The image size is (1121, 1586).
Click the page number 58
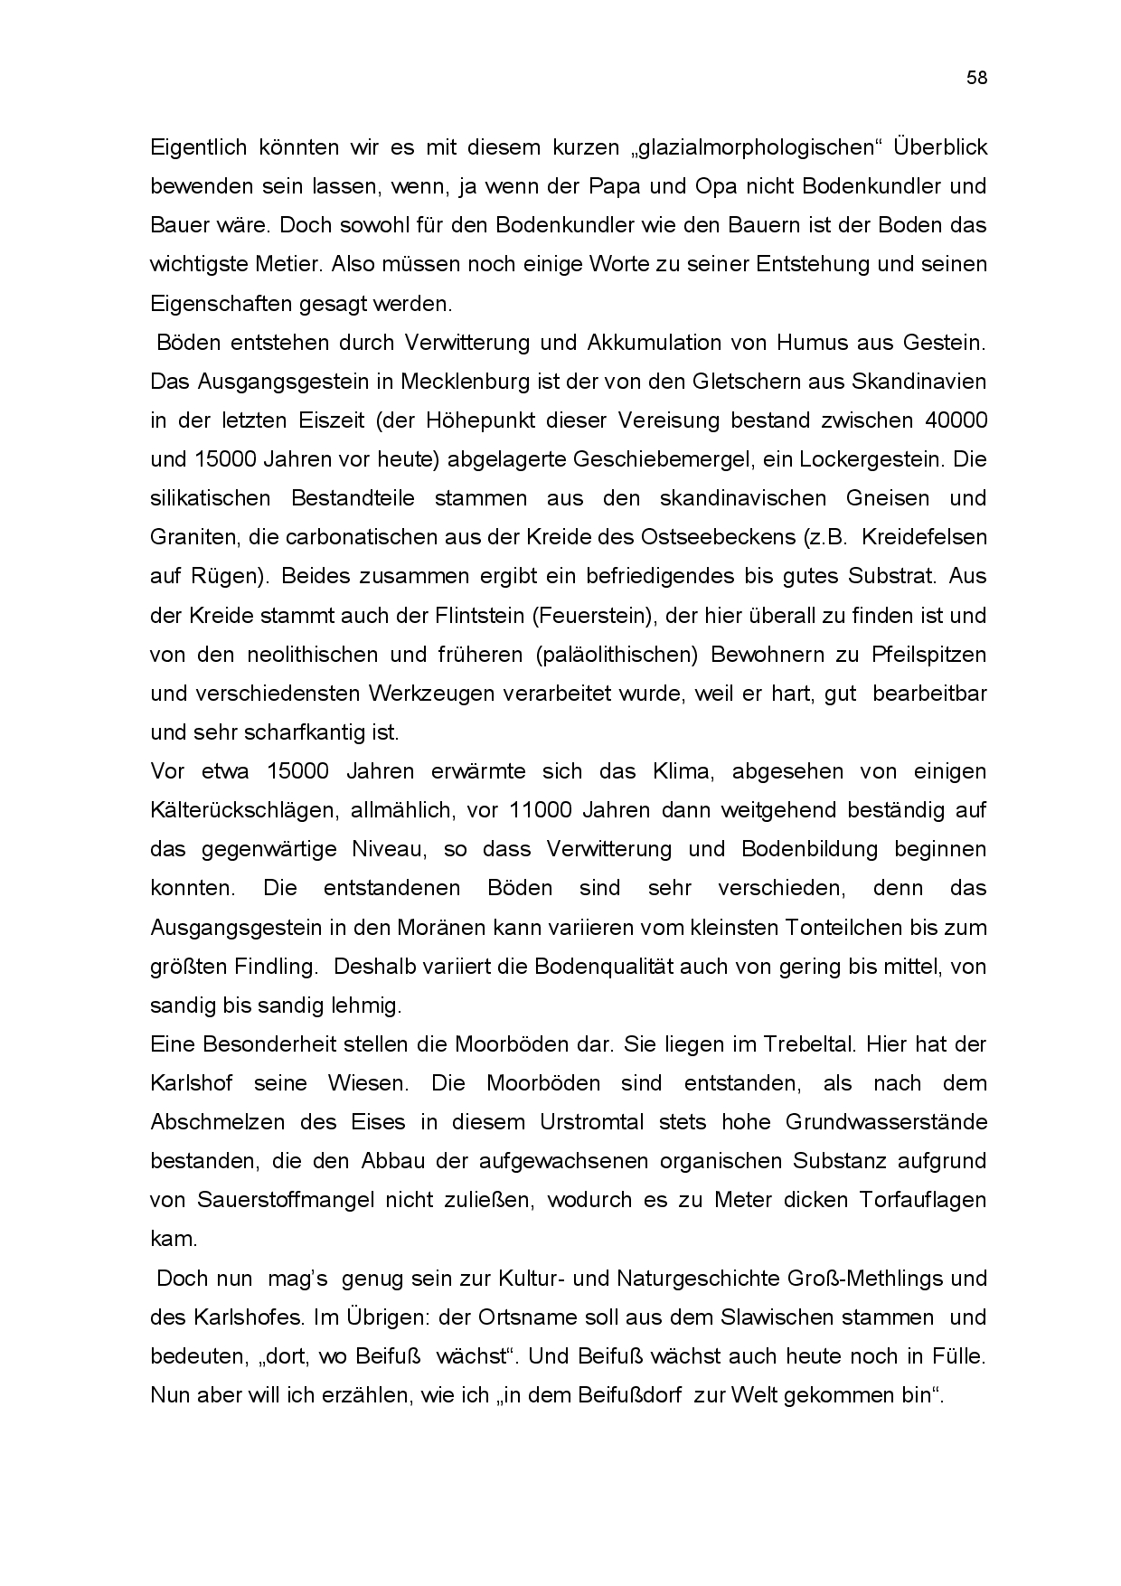(976, 78)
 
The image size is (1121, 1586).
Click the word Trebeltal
(796, 1044)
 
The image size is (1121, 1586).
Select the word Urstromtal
(592, 1122)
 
